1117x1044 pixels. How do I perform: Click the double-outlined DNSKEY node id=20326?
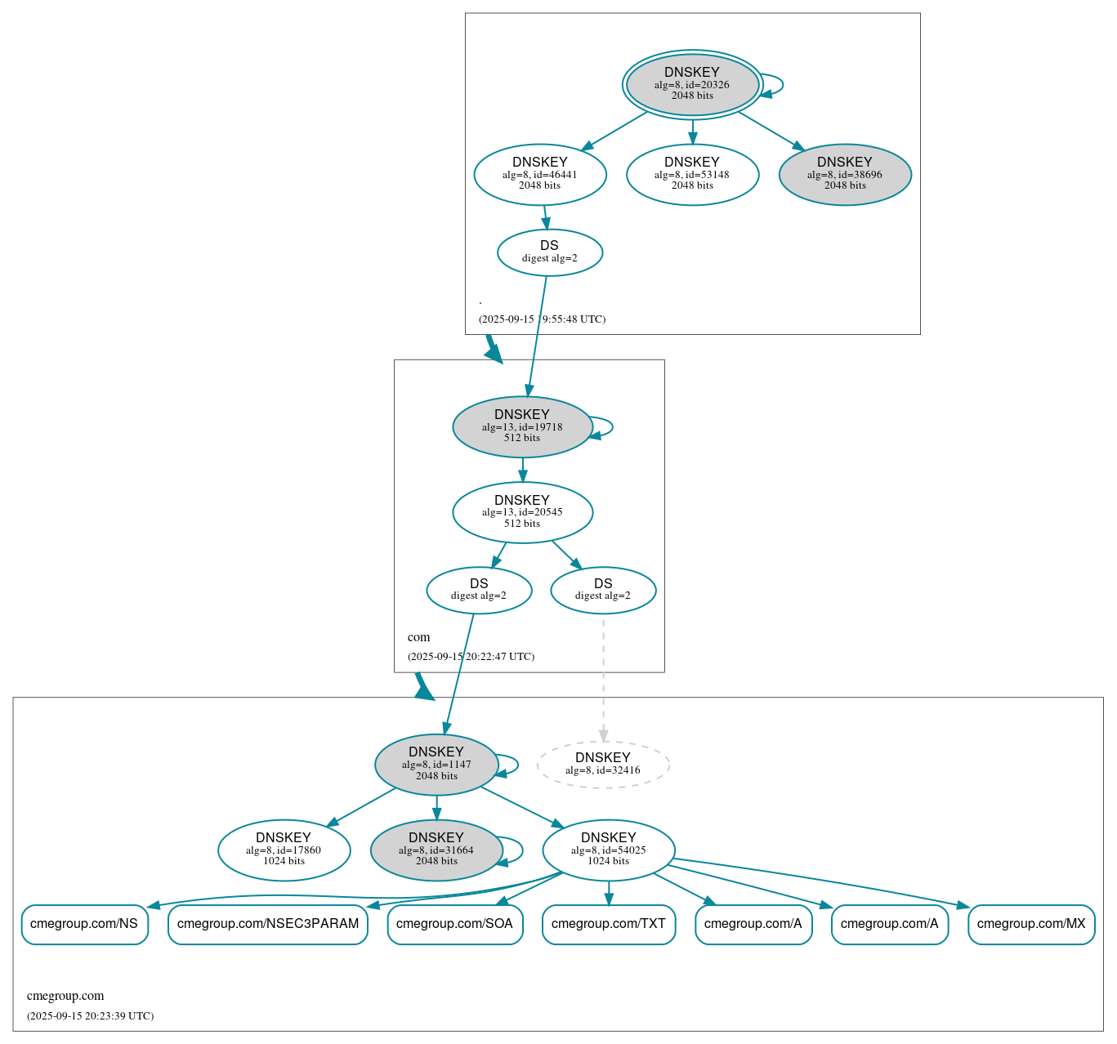[692, 84]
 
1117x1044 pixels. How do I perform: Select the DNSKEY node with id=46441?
[539, 174]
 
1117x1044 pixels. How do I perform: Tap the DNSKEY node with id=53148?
[692, 174]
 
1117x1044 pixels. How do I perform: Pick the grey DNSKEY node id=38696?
[845, 174]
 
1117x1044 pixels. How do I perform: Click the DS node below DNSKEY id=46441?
[549, 252]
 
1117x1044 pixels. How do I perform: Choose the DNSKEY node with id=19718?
[522, 426]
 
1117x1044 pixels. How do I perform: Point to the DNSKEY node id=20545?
[522, 512]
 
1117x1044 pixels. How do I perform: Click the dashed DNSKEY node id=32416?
[603, 765]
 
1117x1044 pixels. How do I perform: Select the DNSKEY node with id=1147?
[436, 765]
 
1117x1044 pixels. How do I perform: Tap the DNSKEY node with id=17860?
[284, 850]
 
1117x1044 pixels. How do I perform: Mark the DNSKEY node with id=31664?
[436, 850]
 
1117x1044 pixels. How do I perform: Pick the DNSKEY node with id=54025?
[608, 850]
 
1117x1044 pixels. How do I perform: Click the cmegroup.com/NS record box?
[84, 924]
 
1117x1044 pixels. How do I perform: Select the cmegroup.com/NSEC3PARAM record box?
[268, 924]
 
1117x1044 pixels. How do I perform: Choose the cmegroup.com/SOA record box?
[454, 924]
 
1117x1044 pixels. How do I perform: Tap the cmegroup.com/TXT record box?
[608, 924]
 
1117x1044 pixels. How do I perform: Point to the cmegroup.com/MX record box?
[1031, 924]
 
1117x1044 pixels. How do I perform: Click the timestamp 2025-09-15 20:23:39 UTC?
[90, 1016]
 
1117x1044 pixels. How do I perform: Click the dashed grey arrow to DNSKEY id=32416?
[603, 678]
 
